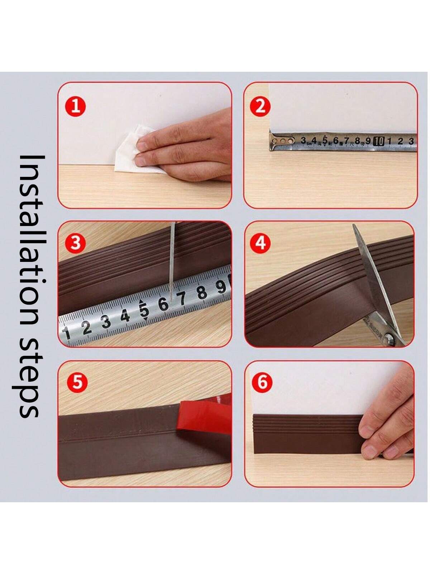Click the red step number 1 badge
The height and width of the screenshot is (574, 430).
(76, 107)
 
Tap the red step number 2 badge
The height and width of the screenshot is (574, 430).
(260, 107)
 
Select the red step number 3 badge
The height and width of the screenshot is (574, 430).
(76, 243)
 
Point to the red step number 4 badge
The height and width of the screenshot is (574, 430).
(260, 243)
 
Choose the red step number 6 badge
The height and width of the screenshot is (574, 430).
(262, 382)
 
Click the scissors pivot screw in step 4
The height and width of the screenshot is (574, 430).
(390, 339)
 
